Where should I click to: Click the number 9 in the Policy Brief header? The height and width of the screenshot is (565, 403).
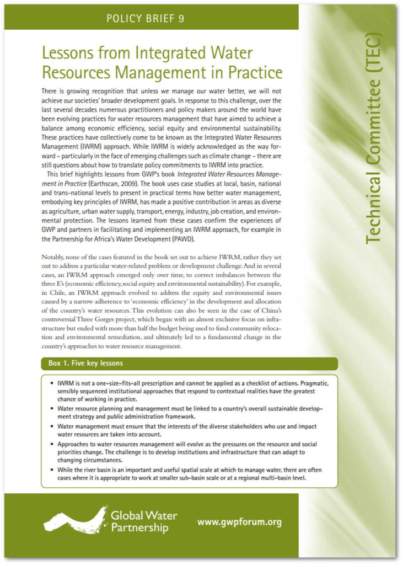(181, 19)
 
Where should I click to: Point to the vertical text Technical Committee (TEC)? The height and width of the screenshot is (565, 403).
(373, 137)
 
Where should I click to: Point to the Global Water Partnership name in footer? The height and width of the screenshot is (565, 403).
(143, 522)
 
